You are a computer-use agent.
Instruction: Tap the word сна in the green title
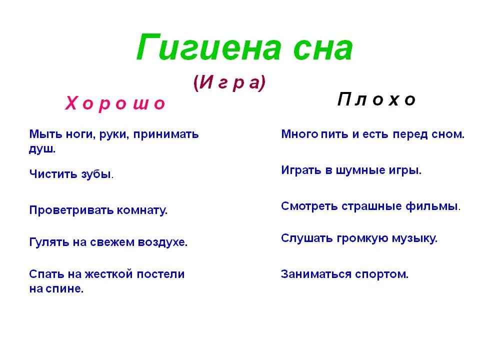tap(316, 49)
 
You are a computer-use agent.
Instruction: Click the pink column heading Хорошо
tap(115, 103)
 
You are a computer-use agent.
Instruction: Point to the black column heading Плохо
tap(376, 100)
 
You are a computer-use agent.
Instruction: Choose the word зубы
tap(95, 174)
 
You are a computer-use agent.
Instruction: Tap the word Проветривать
tap(71, 210)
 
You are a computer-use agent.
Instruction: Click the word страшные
tap(374, 206)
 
